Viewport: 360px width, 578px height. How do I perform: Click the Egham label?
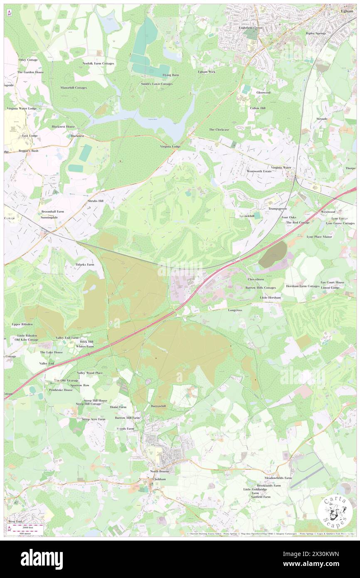(x=347, y=11)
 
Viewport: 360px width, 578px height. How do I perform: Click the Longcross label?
(x=235, y=310)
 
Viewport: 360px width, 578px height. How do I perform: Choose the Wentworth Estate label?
(x=259, y=171)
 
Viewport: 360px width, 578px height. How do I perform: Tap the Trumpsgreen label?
(x=277, y=208)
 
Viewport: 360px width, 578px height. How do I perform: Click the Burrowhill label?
(x=158, y=406)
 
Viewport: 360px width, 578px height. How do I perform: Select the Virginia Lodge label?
(x=170, y=146)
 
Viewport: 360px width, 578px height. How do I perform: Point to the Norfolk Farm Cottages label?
(x=98, y=63)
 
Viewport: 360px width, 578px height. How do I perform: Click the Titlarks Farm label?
(x=84, y=264)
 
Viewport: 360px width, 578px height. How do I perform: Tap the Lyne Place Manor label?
(x=319, y=237)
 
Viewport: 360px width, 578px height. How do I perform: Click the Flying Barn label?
(x=170, y=75)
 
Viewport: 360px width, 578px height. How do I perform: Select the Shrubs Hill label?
(x=95, y=201)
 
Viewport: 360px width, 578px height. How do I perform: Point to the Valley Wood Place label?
(x=90, y=373)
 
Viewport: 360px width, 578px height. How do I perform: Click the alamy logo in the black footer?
(x=42, y=558)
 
